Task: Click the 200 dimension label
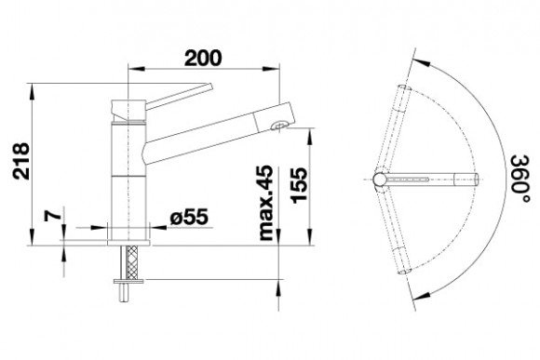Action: tap(203, 58)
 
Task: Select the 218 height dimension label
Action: tap(21, 161)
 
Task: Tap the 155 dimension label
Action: tap(298, 185)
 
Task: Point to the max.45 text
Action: tap(265, 203)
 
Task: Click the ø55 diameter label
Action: tap(189, 217)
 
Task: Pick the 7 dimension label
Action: tap(53, 216)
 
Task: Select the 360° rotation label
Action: tap(520, 179)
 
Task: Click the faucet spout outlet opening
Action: tap(279, 126)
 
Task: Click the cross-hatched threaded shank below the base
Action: tap(132, 262)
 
